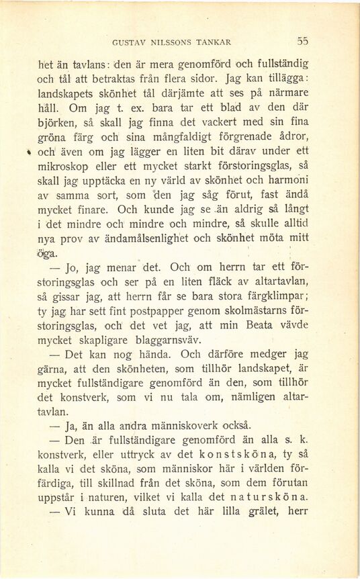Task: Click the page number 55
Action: [x=302, y=40]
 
